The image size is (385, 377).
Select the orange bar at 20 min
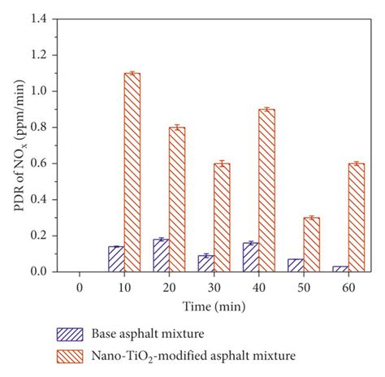(x=177, y=199)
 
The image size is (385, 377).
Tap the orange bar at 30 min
(x=222, y=217)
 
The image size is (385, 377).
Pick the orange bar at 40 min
(x=266, y=190)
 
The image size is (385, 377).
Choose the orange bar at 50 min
(x=311, y=244)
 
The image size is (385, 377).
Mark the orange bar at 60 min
(x=356, y=217)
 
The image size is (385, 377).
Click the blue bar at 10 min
(x=116, y=259)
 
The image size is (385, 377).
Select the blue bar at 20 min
(x=161, y=255)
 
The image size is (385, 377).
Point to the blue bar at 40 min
(x=250, y=257)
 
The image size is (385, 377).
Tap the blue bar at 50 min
(x=295, y=265)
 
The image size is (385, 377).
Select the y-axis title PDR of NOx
(x=18, y=145)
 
